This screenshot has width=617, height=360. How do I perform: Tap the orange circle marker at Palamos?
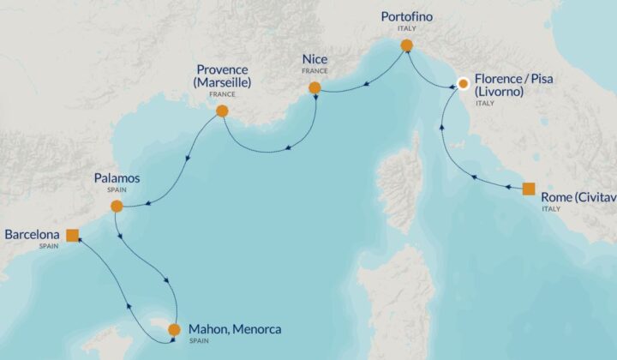click(117, 206)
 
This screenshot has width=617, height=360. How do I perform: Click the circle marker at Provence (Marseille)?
click(222, 111)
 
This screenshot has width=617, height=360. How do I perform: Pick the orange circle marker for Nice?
click(314, 87)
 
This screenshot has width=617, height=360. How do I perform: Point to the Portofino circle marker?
click(406, 45)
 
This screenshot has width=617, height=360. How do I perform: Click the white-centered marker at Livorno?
click(464, 84)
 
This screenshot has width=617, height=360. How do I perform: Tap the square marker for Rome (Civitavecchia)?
click(529, 189)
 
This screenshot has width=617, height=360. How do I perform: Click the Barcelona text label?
click(33, 234)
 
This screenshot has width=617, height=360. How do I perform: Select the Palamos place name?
click(117, 178)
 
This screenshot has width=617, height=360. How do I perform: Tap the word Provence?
click(224, 69)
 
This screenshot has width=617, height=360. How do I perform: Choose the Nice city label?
click(314, 59)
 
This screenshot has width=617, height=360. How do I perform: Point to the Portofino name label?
click(407, 16)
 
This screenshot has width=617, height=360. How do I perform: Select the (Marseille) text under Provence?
click(224, 82)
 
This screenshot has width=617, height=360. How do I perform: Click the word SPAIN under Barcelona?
click(49, 246)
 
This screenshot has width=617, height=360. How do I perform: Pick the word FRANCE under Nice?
click(314, 71)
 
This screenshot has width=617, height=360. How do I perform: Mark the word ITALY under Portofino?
click(407, 28)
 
